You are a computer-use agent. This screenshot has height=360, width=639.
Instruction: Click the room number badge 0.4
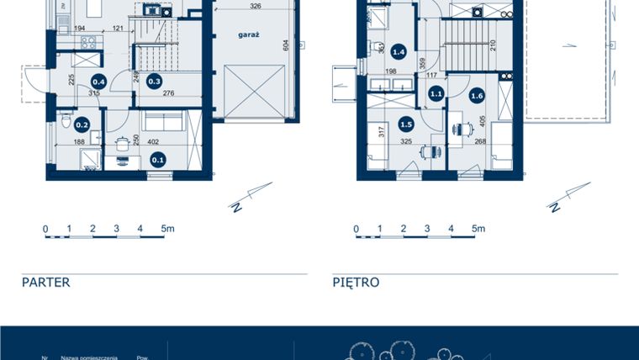98,82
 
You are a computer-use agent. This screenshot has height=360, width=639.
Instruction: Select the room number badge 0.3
154,82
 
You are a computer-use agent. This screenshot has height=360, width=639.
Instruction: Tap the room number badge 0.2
82,124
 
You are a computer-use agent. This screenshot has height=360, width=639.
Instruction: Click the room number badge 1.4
399,52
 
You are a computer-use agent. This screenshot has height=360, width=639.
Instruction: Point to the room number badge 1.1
436,94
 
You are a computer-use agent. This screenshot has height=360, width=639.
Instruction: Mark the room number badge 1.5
406,124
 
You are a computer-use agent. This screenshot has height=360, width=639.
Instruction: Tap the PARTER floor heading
46,283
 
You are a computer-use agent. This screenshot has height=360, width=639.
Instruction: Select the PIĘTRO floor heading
356,283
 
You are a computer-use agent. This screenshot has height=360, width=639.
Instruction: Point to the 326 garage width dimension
254,6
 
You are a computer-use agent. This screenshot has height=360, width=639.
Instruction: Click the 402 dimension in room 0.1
155,143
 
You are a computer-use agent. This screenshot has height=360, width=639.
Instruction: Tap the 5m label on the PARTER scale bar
167,228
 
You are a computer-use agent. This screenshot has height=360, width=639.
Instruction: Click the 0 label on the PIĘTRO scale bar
356,228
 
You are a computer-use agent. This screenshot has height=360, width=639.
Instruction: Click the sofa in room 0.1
159,123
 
